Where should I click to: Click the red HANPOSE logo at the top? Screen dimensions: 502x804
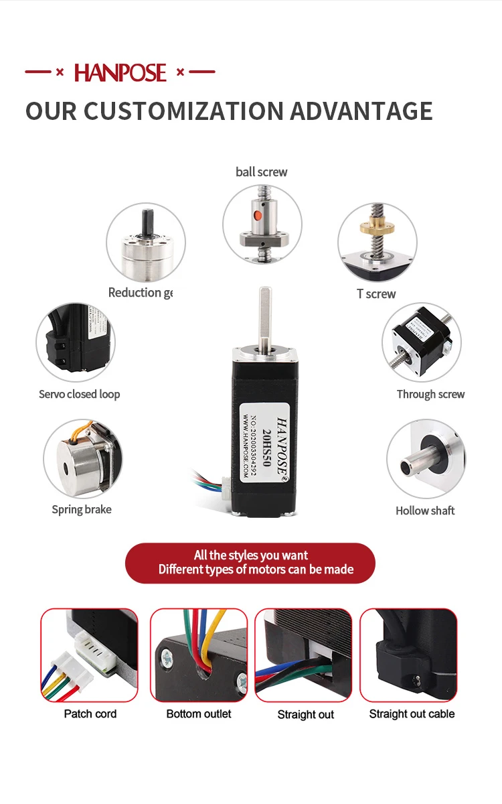click(x=120, y=72)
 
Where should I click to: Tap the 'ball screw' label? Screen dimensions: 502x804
click(x=261, y=172)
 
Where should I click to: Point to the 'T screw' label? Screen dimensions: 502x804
click(x=376, y=293)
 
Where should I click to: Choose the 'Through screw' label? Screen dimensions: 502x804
click(x=430, y=394)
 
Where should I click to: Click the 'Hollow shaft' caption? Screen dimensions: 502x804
click(x=425, y=511)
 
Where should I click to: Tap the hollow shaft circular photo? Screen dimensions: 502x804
click(x=426, y=460)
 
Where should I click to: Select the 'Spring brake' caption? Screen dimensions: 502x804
click(x=82, y=510)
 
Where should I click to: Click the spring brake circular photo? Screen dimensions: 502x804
click(x=82, y=459)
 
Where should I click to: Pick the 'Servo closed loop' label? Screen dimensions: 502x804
click(x=80, y=394)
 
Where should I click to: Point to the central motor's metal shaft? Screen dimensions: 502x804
click(x=265, y=315)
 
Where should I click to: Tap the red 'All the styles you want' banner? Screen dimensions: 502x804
click(x=250, y=563)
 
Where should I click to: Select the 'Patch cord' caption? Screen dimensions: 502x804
click(x=90, y=714)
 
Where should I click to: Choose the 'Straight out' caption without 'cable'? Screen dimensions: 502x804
click(x=306, y=714)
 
